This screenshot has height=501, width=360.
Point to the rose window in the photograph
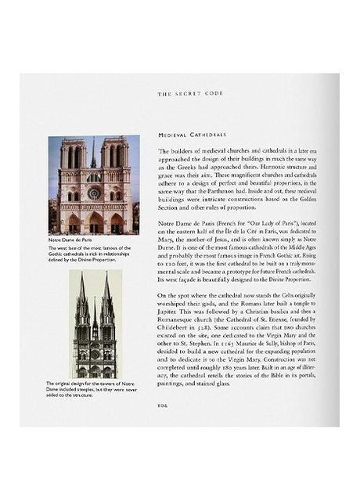(94, 193)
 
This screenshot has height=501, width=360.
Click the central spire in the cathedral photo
(93, 153)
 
